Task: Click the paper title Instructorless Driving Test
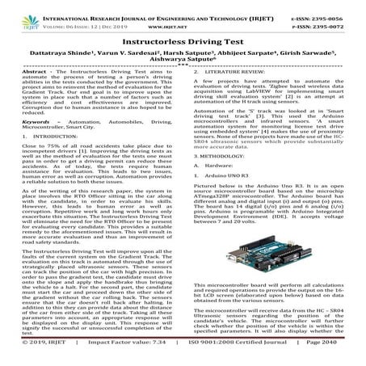183,39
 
